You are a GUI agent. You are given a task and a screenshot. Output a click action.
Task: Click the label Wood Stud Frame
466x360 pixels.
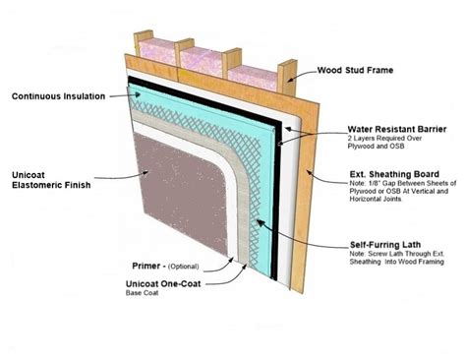[369, 71]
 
